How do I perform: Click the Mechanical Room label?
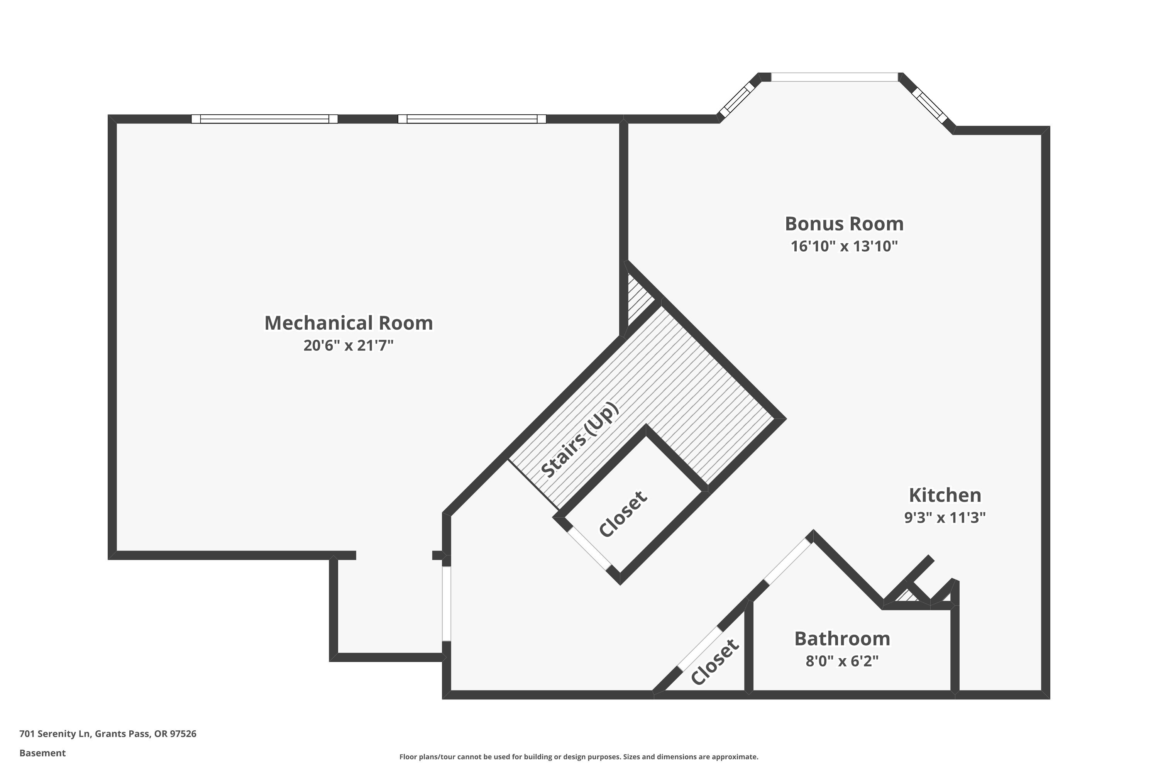point(349,323)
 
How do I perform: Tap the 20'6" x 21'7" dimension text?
point(349,345)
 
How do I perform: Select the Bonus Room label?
point(844,223)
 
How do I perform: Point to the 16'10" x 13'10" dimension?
point(844,245)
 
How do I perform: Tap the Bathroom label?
point(842,638)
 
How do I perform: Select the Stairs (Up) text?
point(579,440)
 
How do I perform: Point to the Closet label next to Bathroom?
point(715,662)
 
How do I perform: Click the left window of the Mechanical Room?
point(264,119)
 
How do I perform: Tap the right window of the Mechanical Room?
point(472,119)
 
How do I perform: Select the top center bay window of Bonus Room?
point(835,77)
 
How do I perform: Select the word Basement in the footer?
point(42,753)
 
